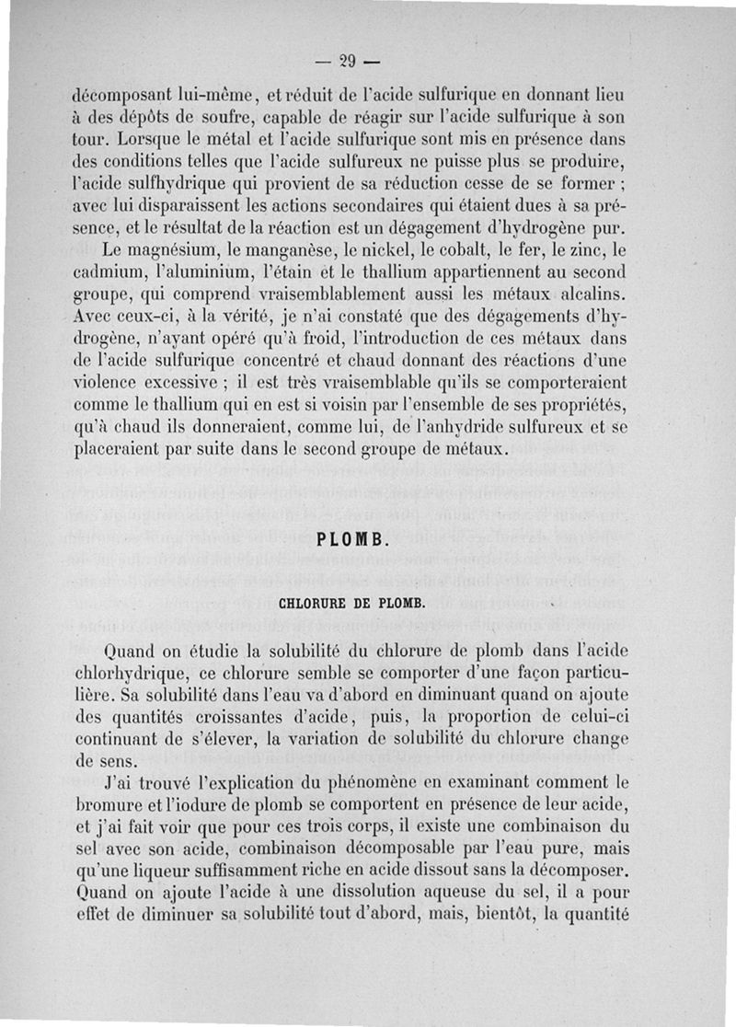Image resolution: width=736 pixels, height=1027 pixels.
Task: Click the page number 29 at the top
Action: [x=347, y=63]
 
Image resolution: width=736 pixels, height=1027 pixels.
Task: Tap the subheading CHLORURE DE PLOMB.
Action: [x=351, y=604]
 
